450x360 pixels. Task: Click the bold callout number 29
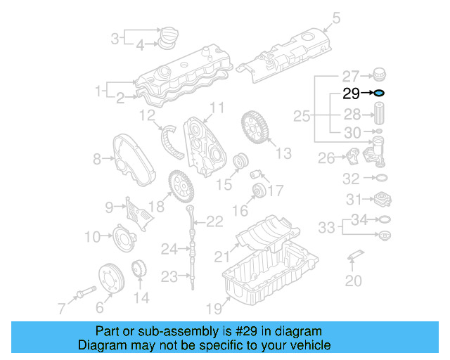pyautogui.click(x=351, y=93)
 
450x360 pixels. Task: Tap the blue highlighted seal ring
pyautogui.click(x=378, y=93)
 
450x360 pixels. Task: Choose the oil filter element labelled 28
pyautogui.click(x=378, y=115)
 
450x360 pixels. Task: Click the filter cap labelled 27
pyautogui.click(x=378, y=74)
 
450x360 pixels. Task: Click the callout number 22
pyautogui.click(x=214, y=222)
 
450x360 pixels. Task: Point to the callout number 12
pyautogui.click(x=147, y=114)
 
